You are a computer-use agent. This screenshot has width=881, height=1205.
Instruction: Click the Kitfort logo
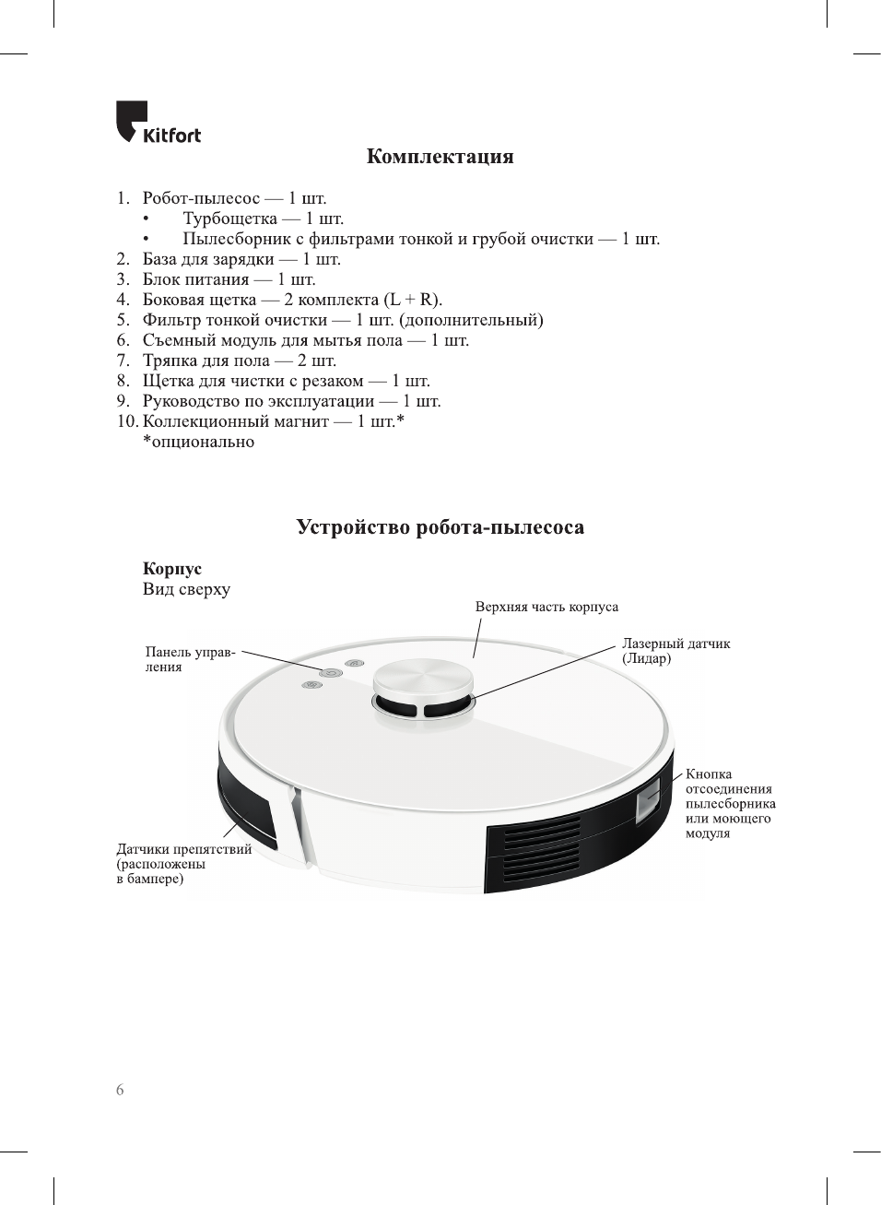[158, 124]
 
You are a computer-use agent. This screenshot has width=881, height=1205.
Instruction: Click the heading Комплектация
[440, 157]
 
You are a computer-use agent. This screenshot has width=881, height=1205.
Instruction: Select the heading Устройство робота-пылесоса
[440, 527]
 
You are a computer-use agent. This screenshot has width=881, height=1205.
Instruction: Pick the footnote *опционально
[198, 442]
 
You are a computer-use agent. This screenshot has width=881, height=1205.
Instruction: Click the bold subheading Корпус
[171, 569]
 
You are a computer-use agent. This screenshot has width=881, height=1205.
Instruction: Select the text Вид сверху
[186, 589]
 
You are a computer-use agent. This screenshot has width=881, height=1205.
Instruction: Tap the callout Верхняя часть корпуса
[546, 607]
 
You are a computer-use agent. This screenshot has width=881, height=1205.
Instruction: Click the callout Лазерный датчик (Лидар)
[675, 651]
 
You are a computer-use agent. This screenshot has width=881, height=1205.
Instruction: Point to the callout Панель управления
[190, 659]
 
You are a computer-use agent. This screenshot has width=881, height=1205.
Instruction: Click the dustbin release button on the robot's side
[648, 798]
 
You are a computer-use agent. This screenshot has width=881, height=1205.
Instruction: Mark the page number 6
[120, 1090]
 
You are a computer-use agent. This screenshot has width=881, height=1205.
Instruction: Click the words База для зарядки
[207, 259]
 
